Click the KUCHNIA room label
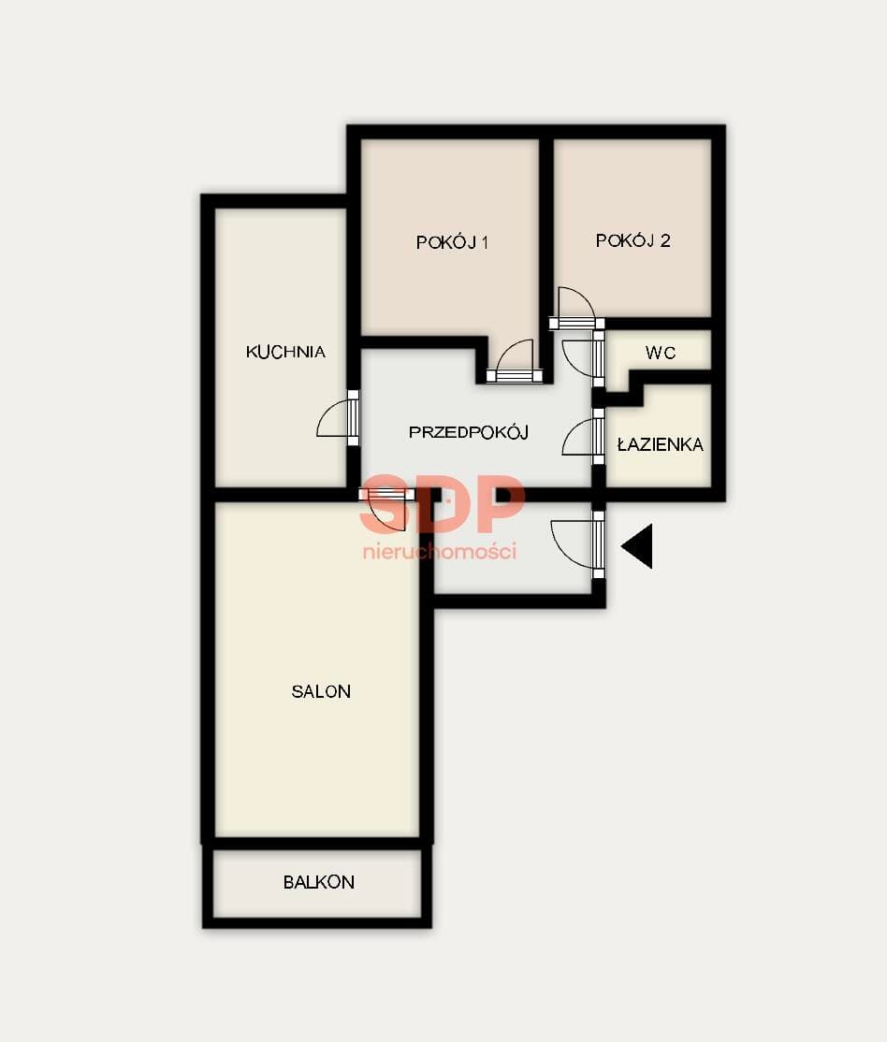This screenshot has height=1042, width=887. pos(285,352)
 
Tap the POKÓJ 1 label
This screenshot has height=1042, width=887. pos(452,242)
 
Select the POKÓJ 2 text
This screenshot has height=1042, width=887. pos(633,240)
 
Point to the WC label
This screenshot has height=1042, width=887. pos(661,353)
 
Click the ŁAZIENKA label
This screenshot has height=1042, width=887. pos(661,444)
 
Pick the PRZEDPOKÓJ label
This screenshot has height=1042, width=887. pos(469,432)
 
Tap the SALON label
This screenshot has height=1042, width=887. pos(321,691)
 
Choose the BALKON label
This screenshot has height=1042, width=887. pos(318,882)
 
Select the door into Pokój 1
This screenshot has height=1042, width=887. pos(515,361)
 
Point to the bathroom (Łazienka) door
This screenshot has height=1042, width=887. pos(583,437)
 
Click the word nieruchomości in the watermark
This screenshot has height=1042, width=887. pos(440,551)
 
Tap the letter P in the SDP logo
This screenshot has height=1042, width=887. pos(500,503)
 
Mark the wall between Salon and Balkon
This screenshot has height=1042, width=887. pos(318,844)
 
